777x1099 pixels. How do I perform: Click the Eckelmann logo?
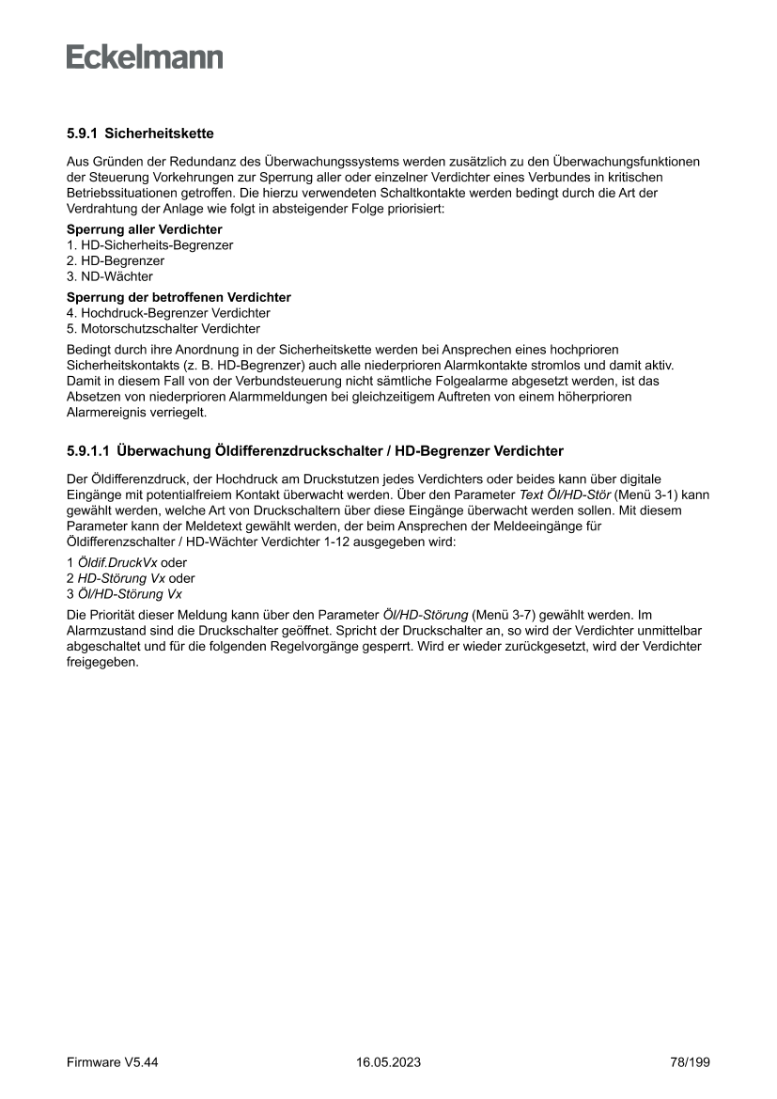coord(145,57)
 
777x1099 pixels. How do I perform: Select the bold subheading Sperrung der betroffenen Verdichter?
coord(179,297)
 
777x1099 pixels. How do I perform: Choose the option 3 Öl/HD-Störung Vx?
coord(124,594)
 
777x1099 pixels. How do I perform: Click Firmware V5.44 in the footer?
coord(112,1062)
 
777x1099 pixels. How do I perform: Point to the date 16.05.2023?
coord(388,1062)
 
